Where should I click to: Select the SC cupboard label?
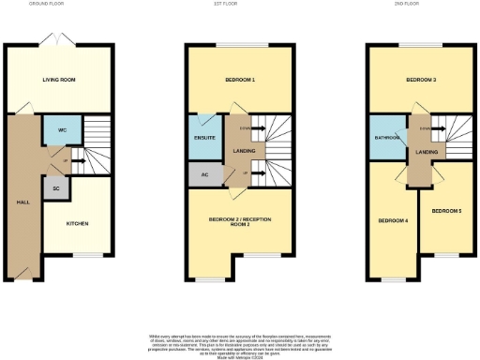click(56, 189)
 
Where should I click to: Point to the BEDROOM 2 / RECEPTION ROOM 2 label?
click(239, 221)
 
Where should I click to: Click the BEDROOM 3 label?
click(421, 80)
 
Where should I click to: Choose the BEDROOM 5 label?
click(446, 212)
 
